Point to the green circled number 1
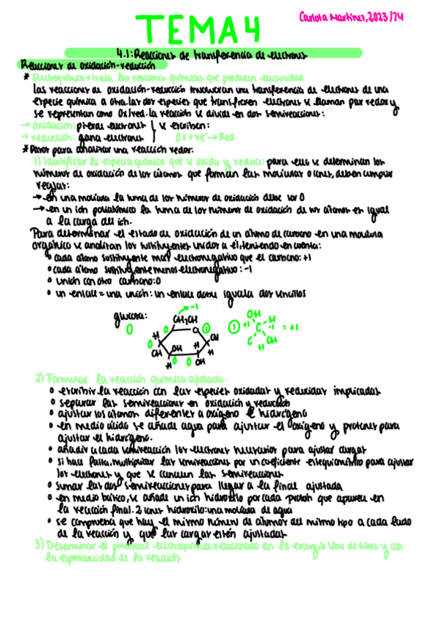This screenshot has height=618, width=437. coord(233,327)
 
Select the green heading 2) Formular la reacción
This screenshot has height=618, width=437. coord(131,379)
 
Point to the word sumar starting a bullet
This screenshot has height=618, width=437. coord(73,485)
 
